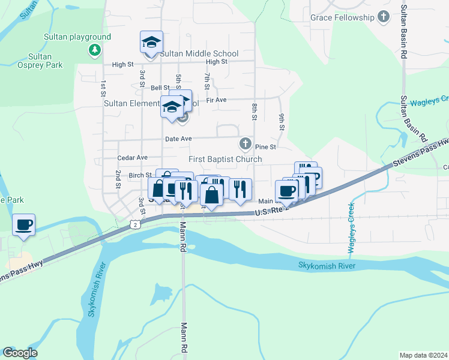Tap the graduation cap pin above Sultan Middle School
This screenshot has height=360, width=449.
[x=151, y=43]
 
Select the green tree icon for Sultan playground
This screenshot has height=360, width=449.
[x=94, y=49]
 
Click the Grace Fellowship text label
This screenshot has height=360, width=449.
[x=342, y=17]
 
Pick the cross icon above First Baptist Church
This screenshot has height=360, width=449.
[x=245, y=144]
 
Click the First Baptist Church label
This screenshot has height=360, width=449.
[x=225, y=159]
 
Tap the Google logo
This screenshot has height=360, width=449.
[x=20, y=353]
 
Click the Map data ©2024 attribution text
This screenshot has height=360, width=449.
[x=423, y=355]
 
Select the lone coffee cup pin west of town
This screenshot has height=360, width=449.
[x=23, y=225]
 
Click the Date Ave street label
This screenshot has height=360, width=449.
[x=178, y=139]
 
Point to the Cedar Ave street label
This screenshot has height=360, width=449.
[x=133, y=157]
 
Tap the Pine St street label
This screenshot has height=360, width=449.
[x=265, y=146]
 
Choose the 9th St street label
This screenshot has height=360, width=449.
[x=281, y=122]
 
